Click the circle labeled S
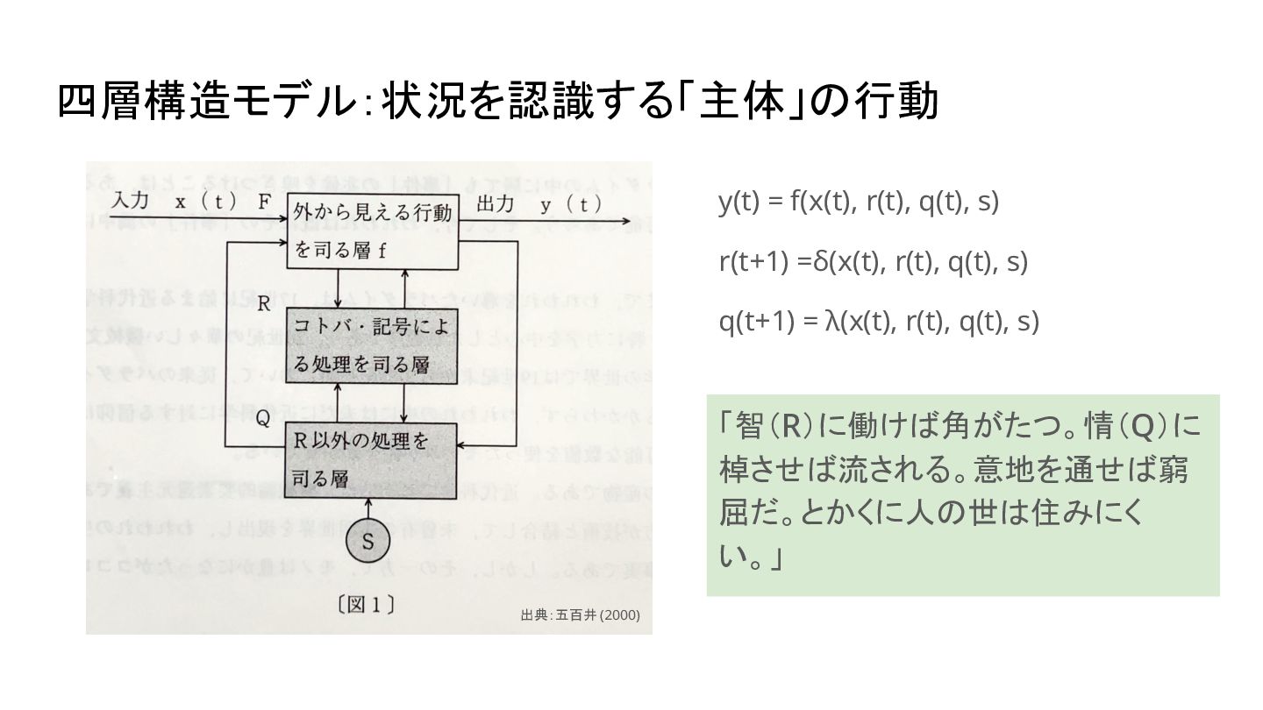click(x=368, y=542)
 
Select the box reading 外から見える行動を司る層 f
click(x=374, y=231)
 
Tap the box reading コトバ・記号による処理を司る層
click(x=373, y=345)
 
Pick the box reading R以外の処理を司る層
click(x=373, y=458)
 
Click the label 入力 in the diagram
click(x=129, y=202)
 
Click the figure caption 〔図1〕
click(x=367, y=604)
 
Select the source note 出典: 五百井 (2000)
click(x=580, y=614)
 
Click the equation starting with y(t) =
click(x=859, y=202)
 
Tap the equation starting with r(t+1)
click(x=873, y=261)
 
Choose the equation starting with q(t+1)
click(x=879, y=322)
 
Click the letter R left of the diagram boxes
click(x=263, y=305)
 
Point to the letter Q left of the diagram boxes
click(x=262, y=419)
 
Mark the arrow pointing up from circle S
click(x=368, y=508)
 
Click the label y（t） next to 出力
click(x=571, y=204)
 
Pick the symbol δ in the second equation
click(x=821, y=261)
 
